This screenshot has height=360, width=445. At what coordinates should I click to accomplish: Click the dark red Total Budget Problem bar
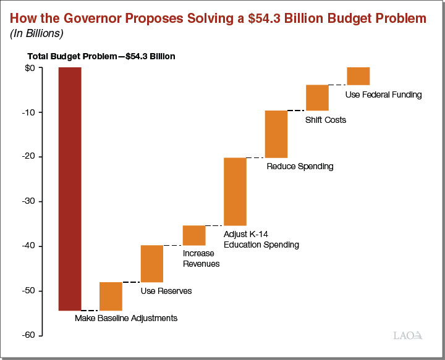click(x=70, y=188)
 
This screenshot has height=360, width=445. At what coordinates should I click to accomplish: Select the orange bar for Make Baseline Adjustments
click(x=111, y=296)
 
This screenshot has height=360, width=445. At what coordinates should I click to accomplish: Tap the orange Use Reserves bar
click(x=152, y=264)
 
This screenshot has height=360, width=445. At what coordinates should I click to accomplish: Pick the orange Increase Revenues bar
click(x=194, y=235)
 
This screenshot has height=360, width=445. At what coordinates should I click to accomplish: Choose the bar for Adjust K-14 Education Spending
click(x=235, y=191)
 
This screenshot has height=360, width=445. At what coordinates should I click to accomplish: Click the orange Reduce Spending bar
click(x=276, y=134)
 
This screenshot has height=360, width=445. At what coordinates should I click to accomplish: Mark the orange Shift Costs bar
click(x=317, y=98)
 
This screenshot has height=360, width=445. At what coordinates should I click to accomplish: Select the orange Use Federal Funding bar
click(x=358, y=76)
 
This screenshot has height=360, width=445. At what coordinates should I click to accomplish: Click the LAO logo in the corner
click(x=408, y=335)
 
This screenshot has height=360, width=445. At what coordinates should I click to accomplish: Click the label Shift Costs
click(x=326, y=120)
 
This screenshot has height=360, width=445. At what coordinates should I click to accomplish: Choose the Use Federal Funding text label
click(x=383, y=95)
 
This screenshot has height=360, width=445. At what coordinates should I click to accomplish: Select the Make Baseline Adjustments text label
click(x=126, y=319)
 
